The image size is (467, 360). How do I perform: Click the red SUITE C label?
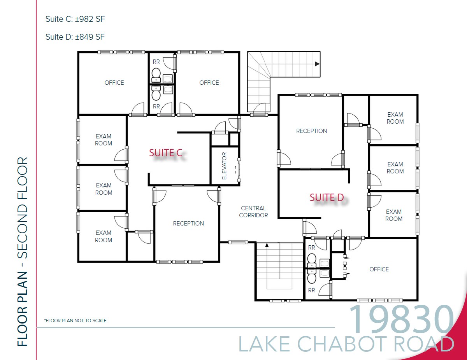166,153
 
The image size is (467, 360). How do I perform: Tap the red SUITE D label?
327,198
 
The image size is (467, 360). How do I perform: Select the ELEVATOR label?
224,166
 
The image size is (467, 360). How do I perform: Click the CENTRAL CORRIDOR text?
253,212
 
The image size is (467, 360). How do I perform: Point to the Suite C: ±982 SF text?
75,19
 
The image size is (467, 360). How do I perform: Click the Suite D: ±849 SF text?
75,37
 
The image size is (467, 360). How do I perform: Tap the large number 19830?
402,320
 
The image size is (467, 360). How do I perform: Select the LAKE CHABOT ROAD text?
346,344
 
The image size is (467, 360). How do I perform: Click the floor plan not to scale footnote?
75,321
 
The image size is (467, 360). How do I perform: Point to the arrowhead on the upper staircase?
317,64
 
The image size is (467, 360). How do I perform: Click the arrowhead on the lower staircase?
267,245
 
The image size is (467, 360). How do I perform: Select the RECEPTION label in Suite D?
311,131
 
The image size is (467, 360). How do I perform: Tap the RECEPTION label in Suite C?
188,224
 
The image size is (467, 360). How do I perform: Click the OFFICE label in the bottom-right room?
379,269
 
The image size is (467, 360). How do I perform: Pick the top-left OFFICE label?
114,83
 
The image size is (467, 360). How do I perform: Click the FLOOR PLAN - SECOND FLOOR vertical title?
23,252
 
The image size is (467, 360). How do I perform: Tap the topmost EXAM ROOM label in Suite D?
395,118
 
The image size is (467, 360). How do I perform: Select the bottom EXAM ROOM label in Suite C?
104,236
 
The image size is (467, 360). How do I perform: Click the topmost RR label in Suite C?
156,62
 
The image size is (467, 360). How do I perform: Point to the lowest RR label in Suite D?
311,290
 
